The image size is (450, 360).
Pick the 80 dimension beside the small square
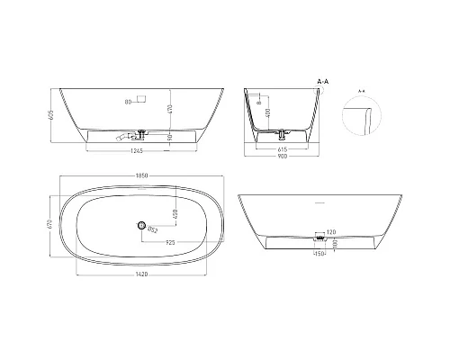[x=130, y=102]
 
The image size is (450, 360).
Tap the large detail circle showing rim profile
[x=364, y=117]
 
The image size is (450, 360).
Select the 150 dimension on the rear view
[x=319, y=253]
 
